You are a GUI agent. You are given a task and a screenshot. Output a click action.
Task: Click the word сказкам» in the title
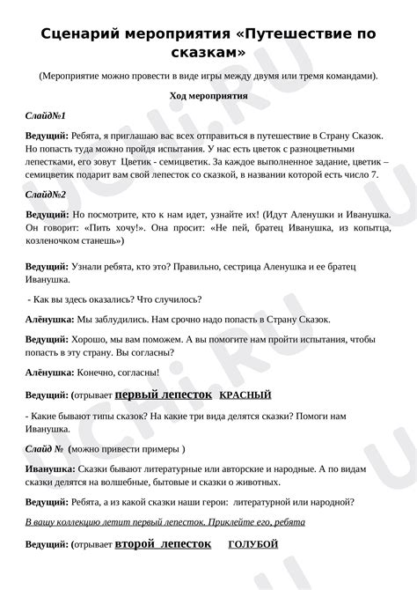[208, 54]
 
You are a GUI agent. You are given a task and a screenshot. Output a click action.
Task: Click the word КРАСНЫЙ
[245, 395]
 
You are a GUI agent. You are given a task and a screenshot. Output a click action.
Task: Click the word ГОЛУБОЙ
[253, 544]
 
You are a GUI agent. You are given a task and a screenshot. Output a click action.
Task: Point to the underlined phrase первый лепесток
[162, 395]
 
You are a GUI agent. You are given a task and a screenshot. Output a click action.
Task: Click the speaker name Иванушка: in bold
[50, 471]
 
